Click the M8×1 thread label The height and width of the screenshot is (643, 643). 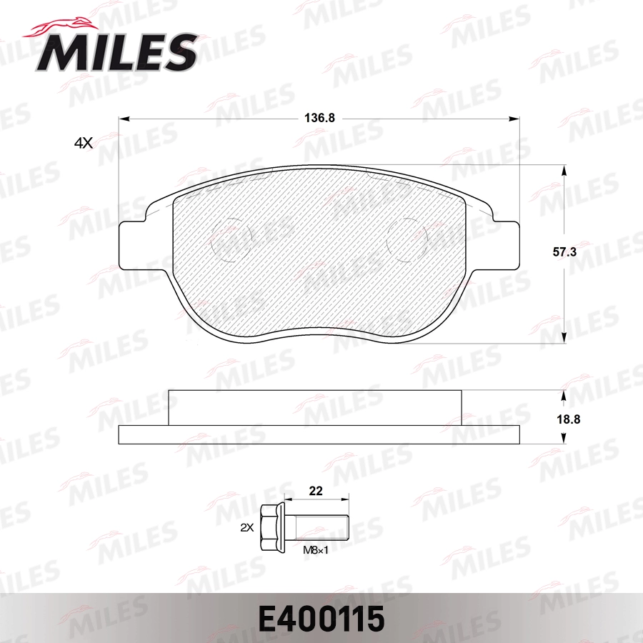[316, 549]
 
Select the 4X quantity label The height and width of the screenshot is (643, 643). [84, 143]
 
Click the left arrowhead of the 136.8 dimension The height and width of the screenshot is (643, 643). [123, 119]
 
